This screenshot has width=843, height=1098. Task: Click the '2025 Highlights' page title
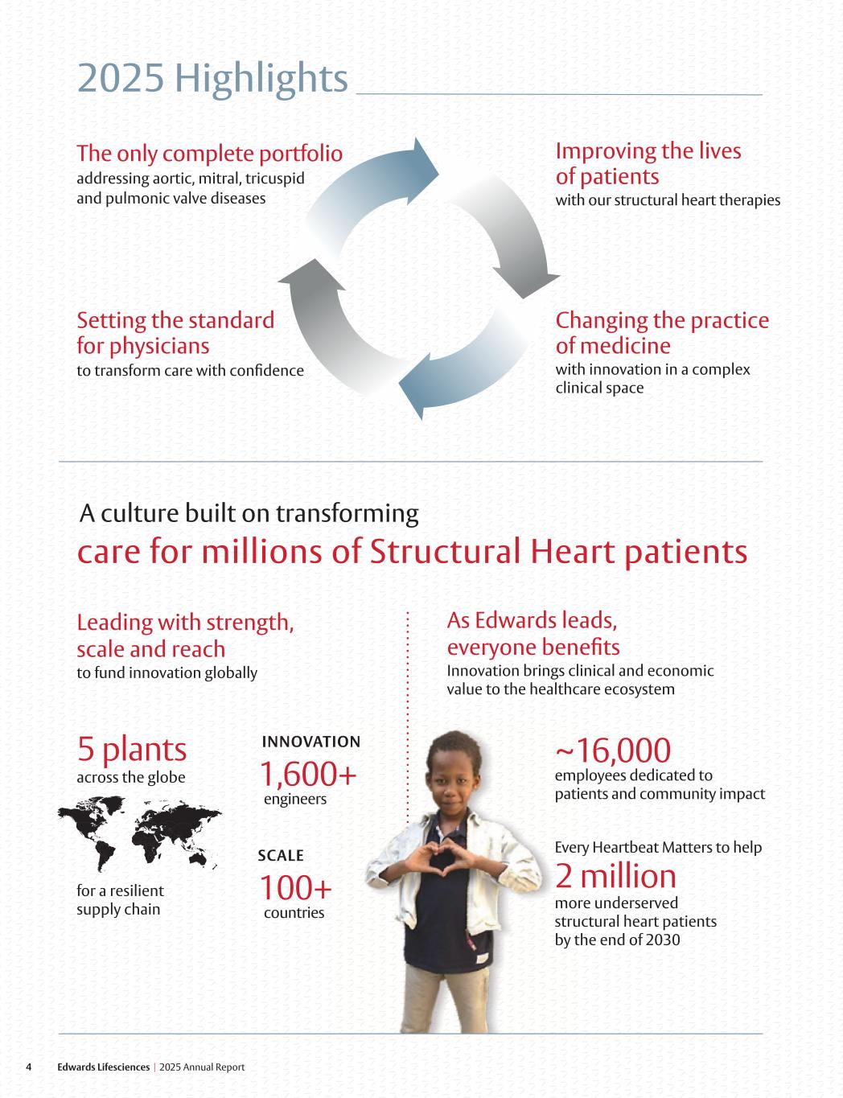click(x=212, y=79)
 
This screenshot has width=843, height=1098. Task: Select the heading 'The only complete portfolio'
click(x=209, y=153)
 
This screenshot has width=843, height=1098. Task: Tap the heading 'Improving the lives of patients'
click(x=648, y=163)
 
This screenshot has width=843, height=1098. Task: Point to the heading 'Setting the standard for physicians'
click(x=175, y=333)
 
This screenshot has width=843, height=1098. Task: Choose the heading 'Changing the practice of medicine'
click(x=661, y=332)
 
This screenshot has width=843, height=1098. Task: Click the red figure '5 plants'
click(x=132, y=749)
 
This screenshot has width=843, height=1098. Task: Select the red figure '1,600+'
click(x=307, y=774)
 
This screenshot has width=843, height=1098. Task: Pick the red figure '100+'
click(x=295, y=888)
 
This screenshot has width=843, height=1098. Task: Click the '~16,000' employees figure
click(x=612, y=750)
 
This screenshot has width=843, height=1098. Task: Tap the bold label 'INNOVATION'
click(x=310, y=741)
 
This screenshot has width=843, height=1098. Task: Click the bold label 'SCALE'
click(x=281, y=855)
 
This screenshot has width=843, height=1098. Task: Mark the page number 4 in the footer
click(x=29, y=1067)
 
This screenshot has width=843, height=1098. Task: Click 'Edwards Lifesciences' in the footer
click(x=103, y=1067)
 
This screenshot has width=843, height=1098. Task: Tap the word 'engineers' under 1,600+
click(x=295, y=799)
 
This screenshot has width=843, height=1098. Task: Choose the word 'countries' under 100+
click(x=294, y=912)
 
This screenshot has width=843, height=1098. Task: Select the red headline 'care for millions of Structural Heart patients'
click(x=412, y=552)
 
